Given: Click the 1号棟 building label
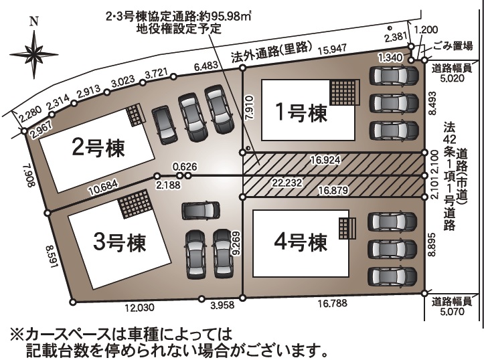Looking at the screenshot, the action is (x=301, y=112).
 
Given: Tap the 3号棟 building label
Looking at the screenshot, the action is (x=119, y=242).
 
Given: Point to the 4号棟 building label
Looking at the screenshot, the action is (x=301, y=242).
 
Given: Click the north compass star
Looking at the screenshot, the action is (x=34, y=55).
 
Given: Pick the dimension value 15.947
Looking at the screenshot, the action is (x=333, y=49).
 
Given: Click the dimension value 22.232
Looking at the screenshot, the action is (x=287, y=183).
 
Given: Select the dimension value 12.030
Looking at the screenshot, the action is (x=139, y=308).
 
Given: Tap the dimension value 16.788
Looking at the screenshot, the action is (x=332, y=303).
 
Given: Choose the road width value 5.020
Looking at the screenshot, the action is (x=453, y=78).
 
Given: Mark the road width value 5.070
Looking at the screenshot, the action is (x=453, y=311).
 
